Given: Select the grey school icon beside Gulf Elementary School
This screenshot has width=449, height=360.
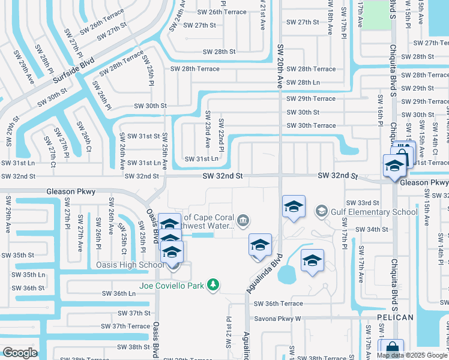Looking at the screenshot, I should tap(322, 211).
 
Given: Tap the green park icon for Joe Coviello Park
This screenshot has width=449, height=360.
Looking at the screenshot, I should tap(212, 284).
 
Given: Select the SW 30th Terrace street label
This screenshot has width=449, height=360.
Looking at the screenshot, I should tap(311, 125).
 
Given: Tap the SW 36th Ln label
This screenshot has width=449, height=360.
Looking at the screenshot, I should tap(119, 293).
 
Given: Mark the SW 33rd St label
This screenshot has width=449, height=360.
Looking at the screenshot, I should tap(363, 203).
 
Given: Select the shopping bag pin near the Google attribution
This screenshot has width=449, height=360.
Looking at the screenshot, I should tap(391, 349).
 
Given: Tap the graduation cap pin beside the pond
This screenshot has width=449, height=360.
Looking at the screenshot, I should tap(312, 261).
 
